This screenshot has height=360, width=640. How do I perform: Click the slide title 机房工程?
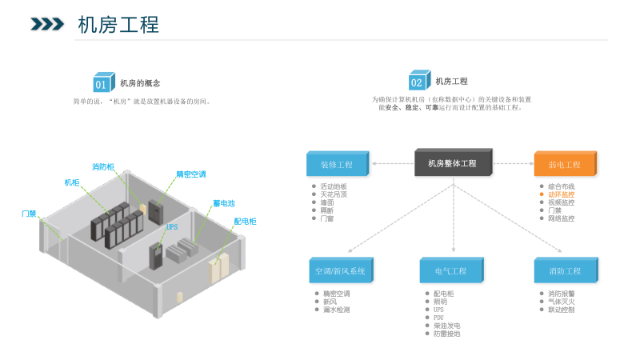pos(118,24)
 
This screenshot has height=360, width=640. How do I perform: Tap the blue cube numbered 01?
pos(102,82)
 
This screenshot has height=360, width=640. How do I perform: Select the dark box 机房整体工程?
pos(452,163)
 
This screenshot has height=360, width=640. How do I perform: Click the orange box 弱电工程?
pos(564,164)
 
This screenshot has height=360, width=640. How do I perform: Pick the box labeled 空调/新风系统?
pos(340,271)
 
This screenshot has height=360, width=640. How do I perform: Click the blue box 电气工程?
pos(451,271)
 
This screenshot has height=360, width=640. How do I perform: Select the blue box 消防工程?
pos(564,271)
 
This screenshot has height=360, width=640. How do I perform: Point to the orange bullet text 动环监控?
pos(561,194)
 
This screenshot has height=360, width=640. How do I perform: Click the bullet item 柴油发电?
pos(446,326)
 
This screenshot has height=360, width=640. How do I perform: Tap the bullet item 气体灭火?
pos(561,302)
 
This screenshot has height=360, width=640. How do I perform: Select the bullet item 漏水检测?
pos(335,310)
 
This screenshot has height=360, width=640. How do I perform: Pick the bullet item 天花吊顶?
pos(334,194)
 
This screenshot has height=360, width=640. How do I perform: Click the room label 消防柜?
pos(103,167)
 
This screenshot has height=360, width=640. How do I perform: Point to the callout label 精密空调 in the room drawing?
pos(191,174)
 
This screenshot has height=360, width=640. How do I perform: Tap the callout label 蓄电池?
pos(224,203)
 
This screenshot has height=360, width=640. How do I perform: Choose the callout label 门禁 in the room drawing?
pos(29,214)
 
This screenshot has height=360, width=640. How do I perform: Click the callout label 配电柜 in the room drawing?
pos(245,222)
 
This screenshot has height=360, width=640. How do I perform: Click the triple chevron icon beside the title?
pos(47,24)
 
